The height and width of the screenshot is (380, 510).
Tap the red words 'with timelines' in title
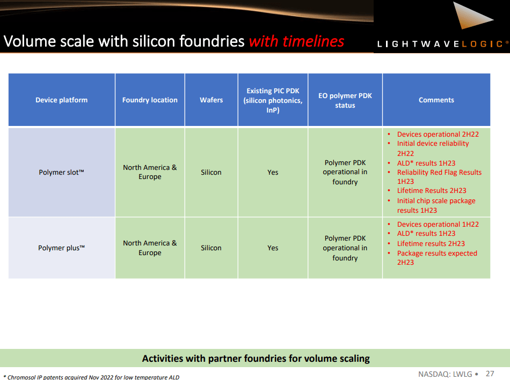click(x=296, y=41)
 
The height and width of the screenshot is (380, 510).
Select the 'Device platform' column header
click(x=61, y=100)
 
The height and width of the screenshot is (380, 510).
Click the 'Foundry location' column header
click(x=150, y=100)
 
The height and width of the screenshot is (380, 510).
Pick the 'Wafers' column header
click(x=211, y=100)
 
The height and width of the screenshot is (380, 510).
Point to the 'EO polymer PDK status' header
click(x=345, y=101)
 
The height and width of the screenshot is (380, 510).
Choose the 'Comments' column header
click(x=436, y=100)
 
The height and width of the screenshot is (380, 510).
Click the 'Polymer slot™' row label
click(x=61, y=173)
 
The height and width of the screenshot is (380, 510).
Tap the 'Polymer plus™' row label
click(x=61, y=248)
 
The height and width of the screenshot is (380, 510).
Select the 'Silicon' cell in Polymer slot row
click(x=211, y=173)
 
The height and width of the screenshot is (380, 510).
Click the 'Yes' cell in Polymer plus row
click(x=273, y=248)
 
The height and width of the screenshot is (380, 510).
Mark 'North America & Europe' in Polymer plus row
click(x=150, y=248)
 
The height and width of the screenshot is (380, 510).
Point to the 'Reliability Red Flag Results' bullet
click(x=439, y=173)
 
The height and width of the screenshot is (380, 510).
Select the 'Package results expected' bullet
click(x=437, y=254)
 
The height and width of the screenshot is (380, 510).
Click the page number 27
click(x=490, y=374)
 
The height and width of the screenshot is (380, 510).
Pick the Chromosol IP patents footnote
click(x=91, y=377)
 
